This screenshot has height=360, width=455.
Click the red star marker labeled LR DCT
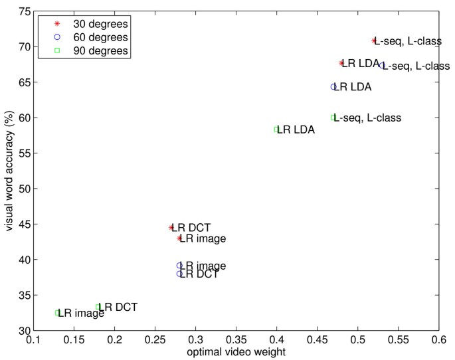click(x=171, y=227)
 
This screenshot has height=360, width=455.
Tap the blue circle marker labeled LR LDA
click(x=334, y=87)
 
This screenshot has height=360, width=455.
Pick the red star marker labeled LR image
click(x=179, y=238)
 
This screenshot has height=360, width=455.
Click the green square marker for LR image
click(x=58, y=313)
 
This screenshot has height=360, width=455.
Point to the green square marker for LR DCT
click(x=98, y=307)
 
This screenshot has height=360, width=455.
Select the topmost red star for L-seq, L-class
click(x=374, y=41)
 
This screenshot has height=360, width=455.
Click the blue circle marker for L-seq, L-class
click(x=383, y=66)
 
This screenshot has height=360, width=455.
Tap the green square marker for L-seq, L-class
click(x=333, y=118)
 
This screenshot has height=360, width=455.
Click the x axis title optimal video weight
click(x=236, y=352)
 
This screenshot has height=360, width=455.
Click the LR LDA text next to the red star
click(x=361, y=64)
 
